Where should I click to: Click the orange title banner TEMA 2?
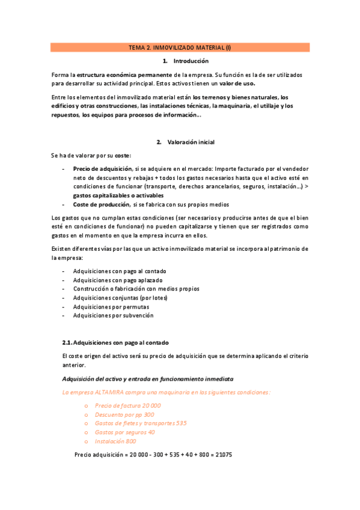click(x=180, y=47)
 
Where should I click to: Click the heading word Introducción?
click(x=191, y=61)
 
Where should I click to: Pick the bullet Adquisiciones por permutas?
click(x=111, y=306)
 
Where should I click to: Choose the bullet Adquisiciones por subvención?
click(x=113, y=315)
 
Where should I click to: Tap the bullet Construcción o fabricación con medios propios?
click(x=136, y=289)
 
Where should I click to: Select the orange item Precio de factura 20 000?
click(x=127, y=405)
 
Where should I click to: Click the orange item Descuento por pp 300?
click(x=124, y=414)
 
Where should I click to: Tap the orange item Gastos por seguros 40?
click(x=124, y=432)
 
